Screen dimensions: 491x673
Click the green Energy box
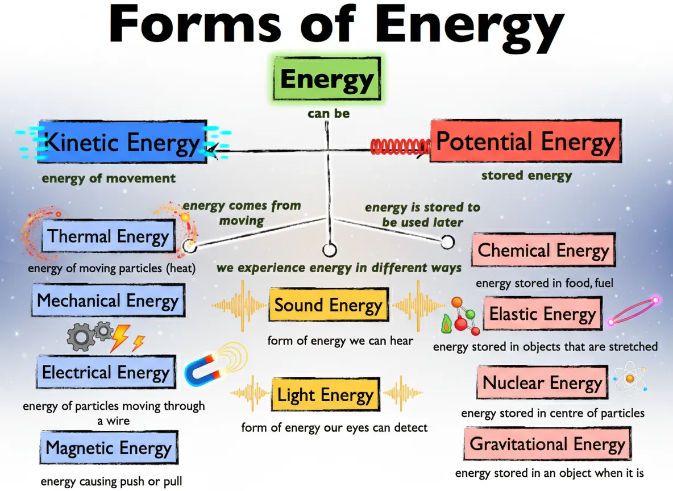327,79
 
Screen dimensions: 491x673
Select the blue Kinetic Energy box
122,142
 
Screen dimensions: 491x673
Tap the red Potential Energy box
525,142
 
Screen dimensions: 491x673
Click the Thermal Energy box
108,236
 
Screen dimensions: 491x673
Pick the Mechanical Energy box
108,301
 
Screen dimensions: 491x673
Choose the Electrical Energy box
106,373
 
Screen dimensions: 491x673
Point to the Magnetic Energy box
109,448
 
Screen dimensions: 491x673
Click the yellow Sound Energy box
328,305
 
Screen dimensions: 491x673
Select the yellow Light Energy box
326,395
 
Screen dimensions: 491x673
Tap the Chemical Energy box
543,251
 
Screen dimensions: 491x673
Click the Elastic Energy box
542,314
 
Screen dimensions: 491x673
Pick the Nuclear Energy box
542,382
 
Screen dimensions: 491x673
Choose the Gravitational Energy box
547,444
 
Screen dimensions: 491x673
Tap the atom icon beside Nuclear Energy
630,378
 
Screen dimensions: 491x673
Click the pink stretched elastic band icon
633,310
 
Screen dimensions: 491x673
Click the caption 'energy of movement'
109,178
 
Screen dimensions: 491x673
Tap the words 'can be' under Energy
329,114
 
